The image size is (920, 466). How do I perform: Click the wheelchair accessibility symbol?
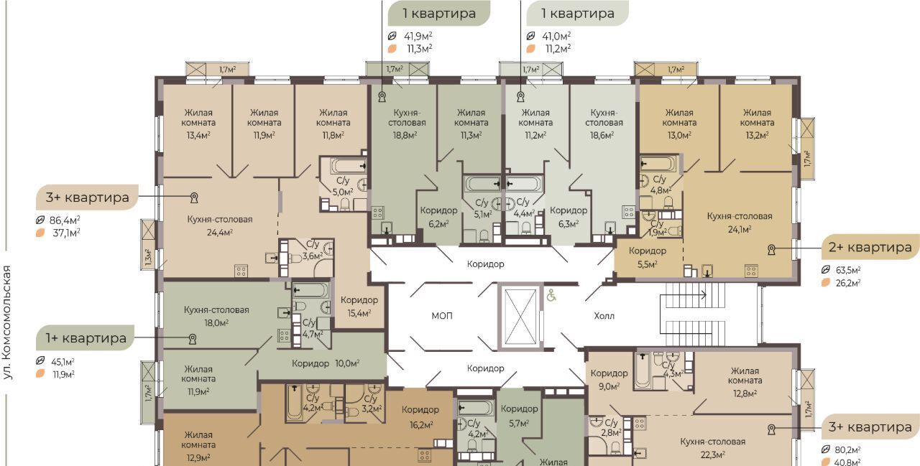click(x=551, y=295)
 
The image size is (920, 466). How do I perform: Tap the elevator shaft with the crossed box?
click(x=520, y=317)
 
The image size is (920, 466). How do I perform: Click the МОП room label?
click(x=442, y=316)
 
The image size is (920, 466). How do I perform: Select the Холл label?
click(x=604, y=316)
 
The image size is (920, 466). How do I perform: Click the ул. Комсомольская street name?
click(x=7, y=322)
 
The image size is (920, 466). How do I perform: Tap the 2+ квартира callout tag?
click(x=870, y=247)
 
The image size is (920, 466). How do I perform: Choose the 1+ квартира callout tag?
click(x=86, y=338)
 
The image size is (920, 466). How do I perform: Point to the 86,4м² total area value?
click(x=65, y=220)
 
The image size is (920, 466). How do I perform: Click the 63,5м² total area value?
click(x=848, y=270)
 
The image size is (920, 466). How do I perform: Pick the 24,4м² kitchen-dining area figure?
click(x=220, y=233)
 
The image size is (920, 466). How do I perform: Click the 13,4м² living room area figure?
click(x=198, y=135)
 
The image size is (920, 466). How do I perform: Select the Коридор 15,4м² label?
click(x=359, y=307)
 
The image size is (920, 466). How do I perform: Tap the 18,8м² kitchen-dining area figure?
click(x=405, y=135)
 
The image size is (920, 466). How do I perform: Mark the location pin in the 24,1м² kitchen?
click(x=772, y=249)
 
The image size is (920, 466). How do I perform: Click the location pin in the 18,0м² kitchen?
click(x=192, y=339)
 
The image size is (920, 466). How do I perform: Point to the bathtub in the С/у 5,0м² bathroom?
click(x=349, y=166)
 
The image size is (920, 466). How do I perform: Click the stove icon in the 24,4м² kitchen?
click(x=241, y=271)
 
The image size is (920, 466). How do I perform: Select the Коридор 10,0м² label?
click(x=326, y=363)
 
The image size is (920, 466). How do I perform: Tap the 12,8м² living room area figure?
click(x=745, y=393)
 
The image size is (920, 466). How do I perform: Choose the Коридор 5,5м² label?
click(x=648, y=257)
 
